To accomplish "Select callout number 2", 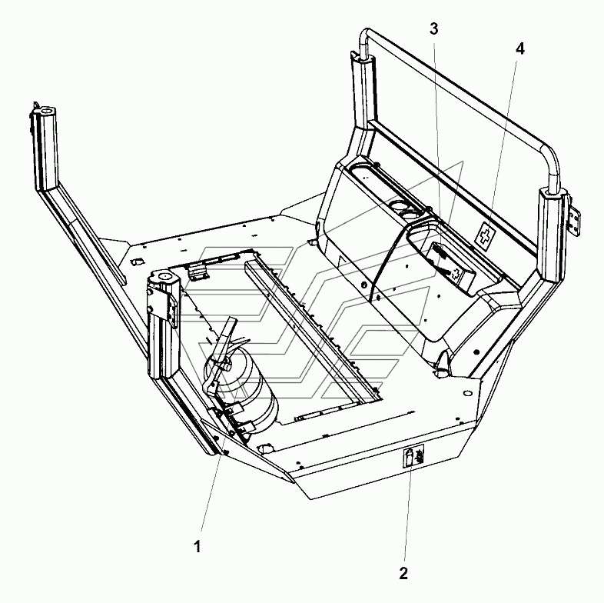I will (403, 572).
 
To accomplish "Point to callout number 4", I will (520, 48).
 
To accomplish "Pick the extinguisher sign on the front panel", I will (412, 458).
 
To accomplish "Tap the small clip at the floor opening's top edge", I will (198, 269).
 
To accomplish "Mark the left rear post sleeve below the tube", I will (364, 85).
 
